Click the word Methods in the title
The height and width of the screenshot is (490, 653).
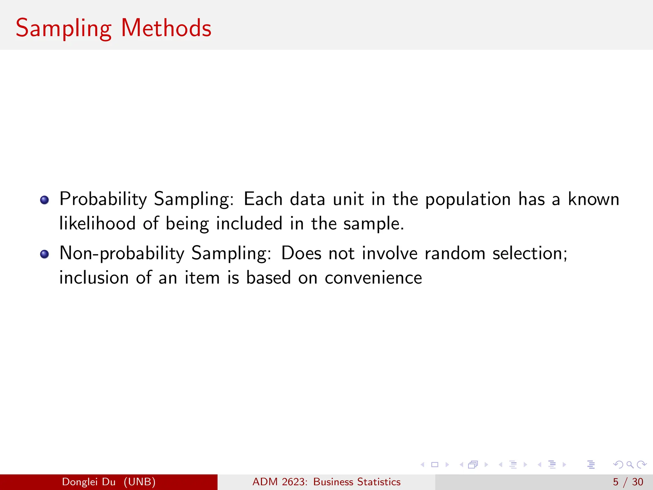coord(166,28)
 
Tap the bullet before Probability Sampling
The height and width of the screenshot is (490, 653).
coord(44,200)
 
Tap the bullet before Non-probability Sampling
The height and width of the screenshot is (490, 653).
coord(44,254)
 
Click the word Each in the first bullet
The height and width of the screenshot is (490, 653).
coord(263,199)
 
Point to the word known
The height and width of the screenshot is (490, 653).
coord(593,199)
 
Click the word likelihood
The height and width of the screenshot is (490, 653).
coord(98,223)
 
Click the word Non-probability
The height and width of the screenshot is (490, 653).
coord(122,254)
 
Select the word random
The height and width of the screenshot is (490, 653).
coord(455,253)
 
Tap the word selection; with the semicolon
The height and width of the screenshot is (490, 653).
coord(530,253)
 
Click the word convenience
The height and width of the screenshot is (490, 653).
coord(373,278)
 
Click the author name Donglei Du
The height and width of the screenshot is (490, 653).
coord(89,482)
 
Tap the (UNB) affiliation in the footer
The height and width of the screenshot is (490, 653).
coord(140,482)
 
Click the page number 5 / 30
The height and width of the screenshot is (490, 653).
coord(628,482)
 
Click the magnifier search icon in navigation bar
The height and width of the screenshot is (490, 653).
coord(630,464)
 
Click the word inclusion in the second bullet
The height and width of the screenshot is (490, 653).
coord(94,278)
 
